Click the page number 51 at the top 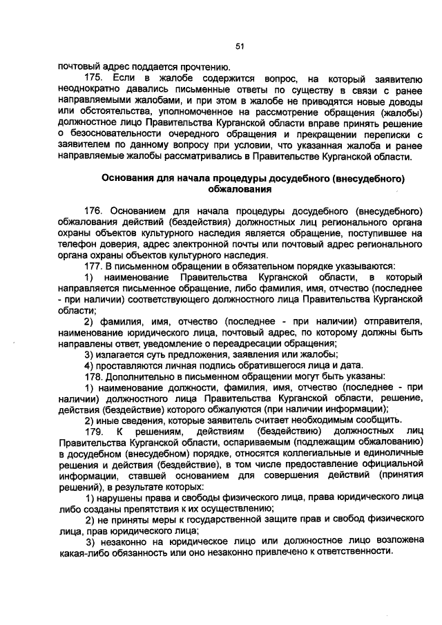240,47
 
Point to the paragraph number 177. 93,265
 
